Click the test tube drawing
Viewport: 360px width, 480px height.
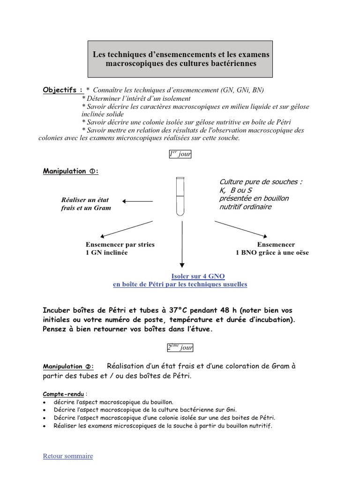pyautogui.click(x=180, y=197)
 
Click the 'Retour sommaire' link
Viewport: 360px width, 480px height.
pyautogui.click(x=67, y=456)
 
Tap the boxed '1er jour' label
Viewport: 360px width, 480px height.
pyautogui.click(x=180, y=155)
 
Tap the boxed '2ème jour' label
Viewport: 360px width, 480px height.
pyautogui.click(x=180, y=347)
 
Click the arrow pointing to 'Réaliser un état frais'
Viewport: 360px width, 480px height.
pyautogui.click(x=138, y=201)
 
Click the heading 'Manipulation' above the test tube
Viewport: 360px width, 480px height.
pyautogui.click(x=64, y=172)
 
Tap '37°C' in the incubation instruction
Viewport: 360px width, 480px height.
pyautogui.click(x=177, y=310)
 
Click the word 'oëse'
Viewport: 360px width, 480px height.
pyautogui.click(x=300, y=253)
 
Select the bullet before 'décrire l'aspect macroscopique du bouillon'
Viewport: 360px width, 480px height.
pyautogui.click(x=44, y=402)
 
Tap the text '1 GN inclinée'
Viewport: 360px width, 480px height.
pyautogui.click(x=106, y=253)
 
